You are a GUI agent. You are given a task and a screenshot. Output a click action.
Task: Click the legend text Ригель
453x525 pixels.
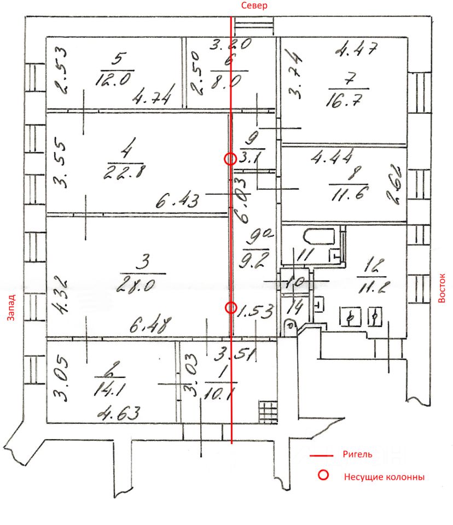(x=357, y=454)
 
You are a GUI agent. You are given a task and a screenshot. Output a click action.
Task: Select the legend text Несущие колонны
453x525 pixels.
(x=384, y=477)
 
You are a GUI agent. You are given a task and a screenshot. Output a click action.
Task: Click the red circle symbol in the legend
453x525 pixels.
(x=323, y=475)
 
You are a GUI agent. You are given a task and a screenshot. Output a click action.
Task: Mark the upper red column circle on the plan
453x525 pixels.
(x=230, y=159)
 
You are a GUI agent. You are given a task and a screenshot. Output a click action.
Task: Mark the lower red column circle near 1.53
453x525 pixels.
(x=231, y=308)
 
